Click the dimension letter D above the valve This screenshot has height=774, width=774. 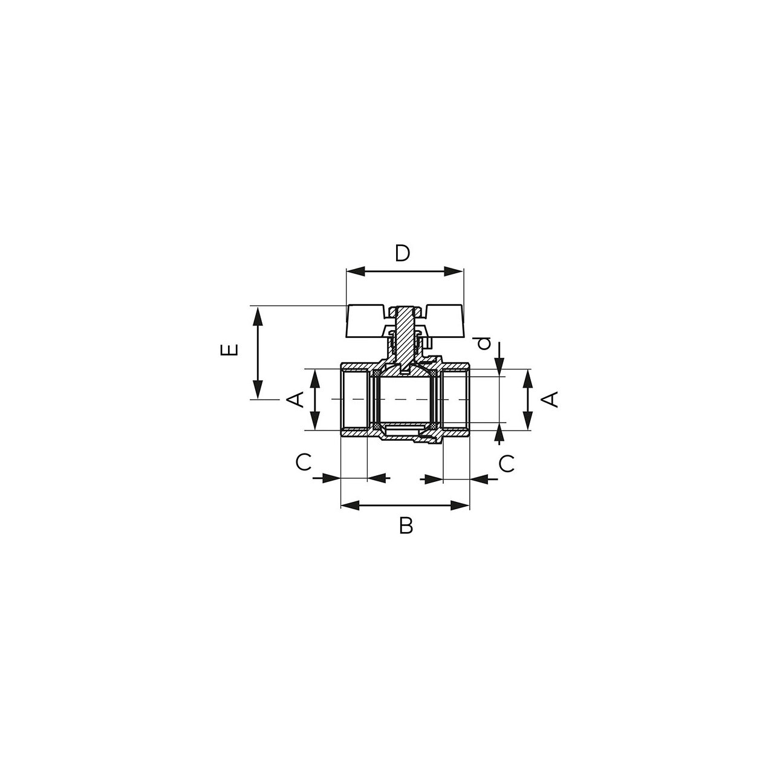402,253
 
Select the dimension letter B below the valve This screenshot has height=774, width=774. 406,525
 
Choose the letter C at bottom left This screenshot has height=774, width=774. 304,463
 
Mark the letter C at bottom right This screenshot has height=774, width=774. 507,464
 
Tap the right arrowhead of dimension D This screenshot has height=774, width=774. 454,271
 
